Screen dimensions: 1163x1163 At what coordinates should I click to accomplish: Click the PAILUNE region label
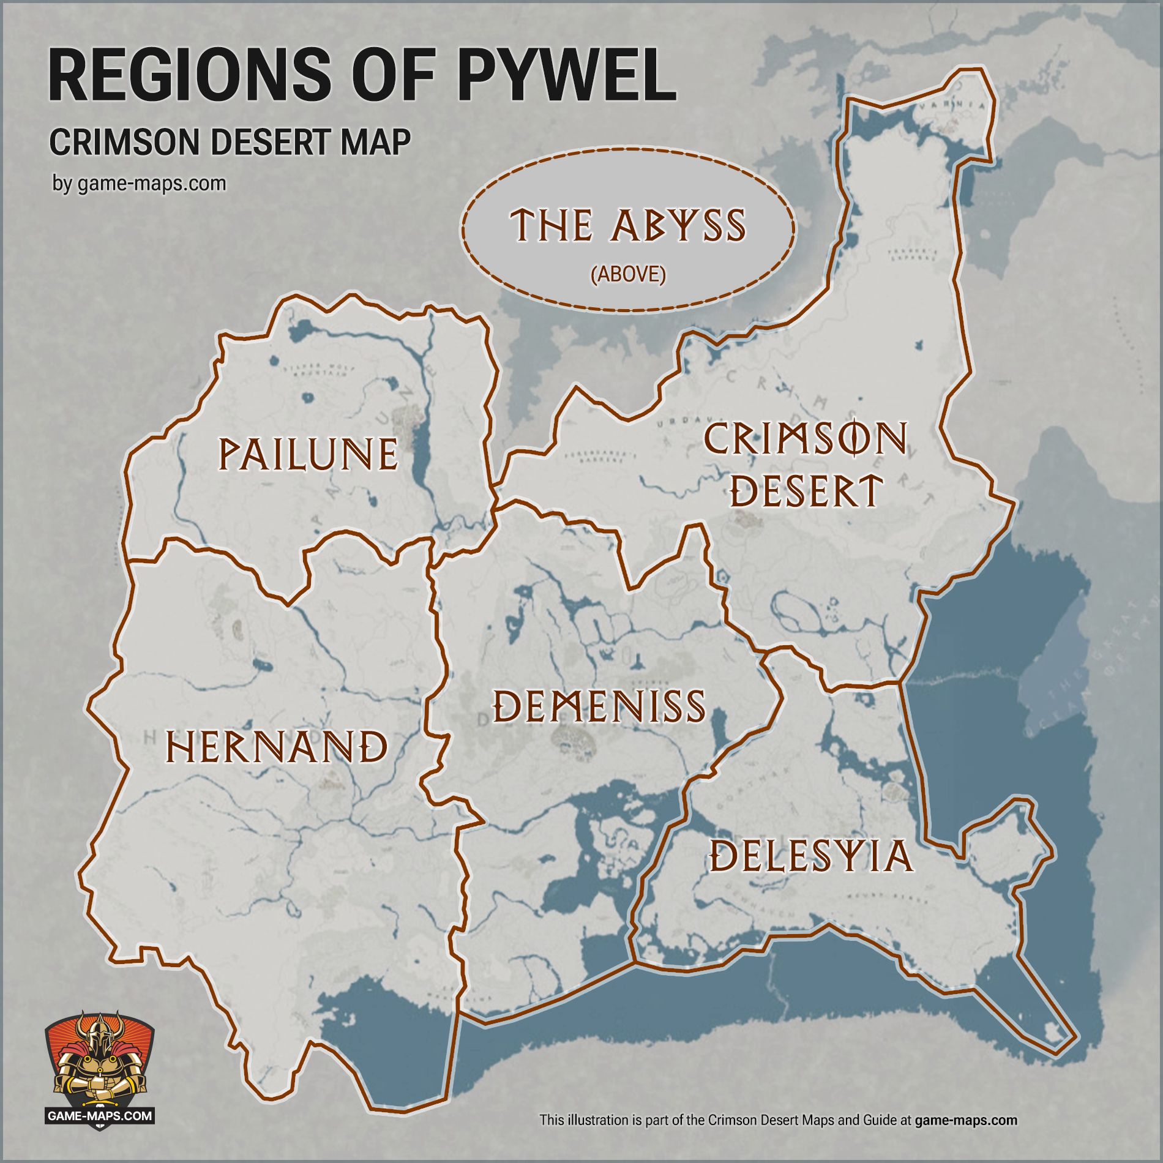coord(308,454)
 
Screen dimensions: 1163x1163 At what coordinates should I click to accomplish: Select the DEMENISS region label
coord(599,706)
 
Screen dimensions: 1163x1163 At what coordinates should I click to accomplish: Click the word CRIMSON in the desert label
coord(805,439)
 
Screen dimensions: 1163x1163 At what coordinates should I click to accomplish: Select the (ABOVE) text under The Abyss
coord(628,275)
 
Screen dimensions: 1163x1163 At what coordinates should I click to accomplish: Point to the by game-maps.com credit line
coord(139,184)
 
